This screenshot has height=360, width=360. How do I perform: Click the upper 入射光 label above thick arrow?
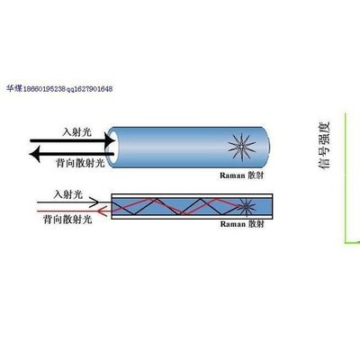76,131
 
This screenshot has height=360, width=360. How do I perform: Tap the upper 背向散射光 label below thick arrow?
80,163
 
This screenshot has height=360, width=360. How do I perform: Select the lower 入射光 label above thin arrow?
67,194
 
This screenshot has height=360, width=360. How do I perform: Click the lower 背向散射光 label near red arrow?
67,220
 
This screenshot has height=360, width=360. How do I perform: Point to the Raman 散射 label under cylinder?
242,175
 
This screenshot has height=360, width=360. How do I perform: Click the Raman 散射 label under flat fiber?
242,224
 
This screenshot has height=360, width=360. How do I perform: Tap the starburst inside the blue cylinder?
241,148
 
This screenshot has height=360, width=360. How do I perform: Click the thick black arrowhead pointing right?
110,140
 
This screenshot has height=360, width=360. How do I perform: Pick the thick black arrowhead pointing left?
34,154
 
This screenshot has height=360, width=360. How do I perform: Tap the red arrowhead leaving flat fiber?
103,211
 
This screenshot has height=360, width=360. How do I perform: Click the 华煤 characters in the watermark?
14,88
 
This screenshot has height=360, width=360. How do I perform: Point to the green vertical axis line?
346,177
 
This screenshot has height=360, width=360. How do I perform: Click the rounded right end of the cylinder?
267,147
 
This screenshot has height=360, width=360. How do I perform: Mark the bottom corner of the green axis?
346,242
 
